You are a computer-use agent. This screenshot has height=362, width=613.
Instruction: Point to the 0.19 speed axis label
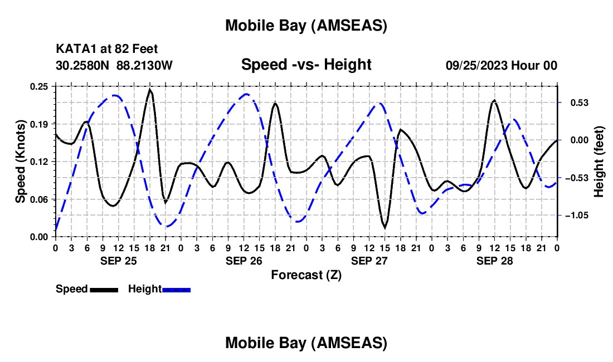40,124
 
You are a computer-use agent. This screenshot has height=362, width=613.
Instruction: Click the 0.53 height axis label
574,103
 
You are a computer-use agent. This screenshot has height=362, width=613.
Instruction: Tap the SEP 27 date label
368,261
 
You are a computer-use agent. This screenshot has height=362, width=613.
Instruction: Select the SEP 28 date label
494,261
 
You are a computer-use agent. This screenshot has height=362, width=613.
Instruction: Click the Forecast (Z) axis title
306,275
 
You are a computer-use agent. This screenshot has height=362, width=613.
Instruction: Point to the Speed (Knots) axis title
20,162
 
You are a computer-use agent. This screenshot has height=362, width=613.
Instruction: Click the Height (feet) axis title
599,162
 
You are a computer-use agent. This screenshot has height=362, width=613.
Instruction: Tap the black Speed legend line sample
104,289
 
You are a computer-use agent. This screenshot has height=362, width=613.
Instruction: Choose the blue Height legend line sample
177,289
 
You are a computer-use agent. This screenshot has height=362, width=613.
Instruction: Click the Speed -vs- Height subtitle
306,65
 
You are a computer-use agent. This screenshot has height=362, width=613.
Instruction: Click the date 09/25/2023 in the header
475,65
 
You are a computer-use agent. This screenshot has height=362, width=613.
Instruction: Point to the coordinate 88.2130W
145,65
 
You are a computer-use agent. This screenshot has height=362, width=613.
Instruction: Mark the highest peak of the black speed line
150,89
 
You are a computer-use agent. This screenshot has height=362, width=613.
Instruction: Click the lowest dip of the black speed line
385,227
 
